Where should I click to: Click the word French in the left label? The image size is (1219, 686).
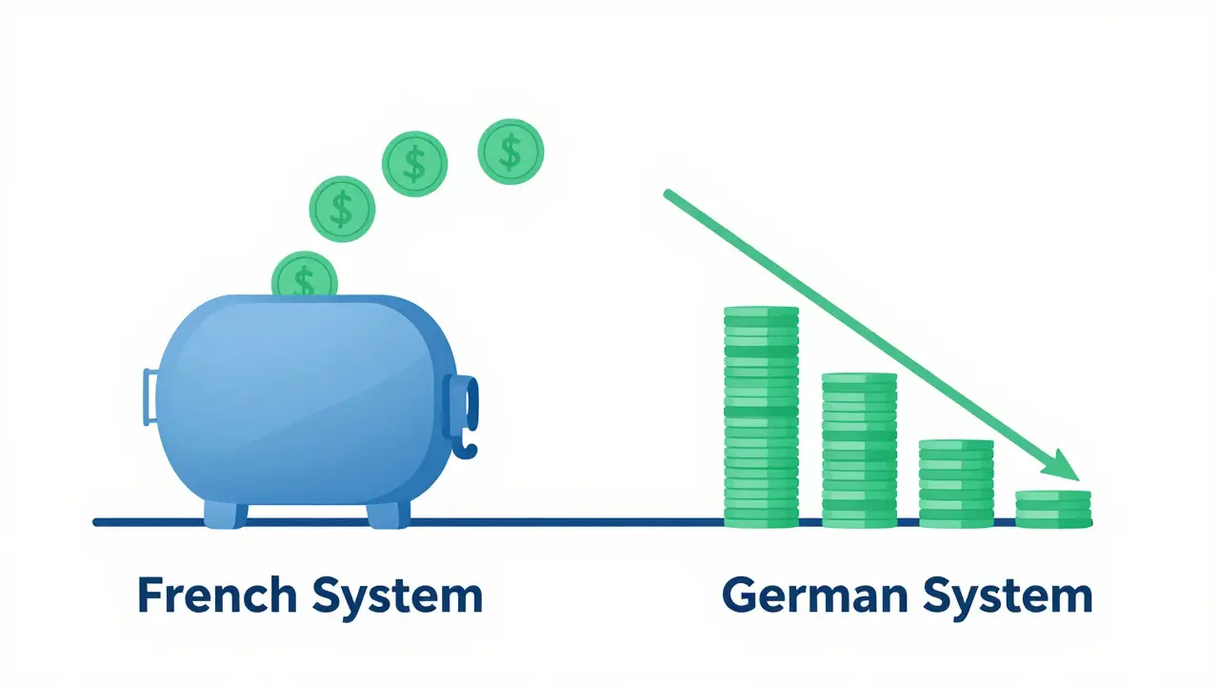pyautogui.click(x=217, y=595)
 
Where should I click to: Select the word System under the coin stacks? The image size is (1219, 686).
pyautogui.click(x=1008, y=598)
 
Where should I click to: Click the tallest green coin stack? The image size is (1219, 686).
pyautogui.click(x=761, y=417)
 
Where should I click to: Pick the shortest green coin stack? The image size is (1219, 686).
pyautogui.click(x=1053, y=509)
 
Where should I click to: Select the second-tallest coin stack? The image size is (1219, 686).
pyautogui.click(x=859, y=451)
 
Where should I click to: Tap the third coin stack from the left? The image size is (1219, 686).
pyautogui.click(x=956, y=483)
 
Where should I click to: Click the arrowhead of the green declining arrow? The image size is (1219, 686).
pyautogui.click(x=1063, y=466)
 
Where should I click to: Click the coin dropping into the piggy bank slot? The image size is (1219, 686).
pyautogui.click(x=305, y=273)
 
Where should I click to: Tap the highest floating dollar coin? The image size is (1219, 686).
pyautogui.click(x=510, y=151)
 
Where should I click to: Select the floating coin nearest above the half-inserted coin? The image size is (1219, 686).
pyautogui.click(x=342, y=209)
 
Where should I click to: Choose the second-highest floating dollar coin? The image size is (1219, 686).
pyautogui.click(x=414, y=163)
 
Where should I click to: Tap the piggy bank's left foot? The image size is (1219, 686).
pyautogui.click(x=226, y=514)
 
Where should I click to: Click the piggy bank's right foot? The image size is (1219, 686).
pyautogui.click(x=389, y=514)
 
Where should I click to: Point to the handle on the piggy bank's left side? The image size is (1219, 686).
pyautogui.click(x=150, y=397)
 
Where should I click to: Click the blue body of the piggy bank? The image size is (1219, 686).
pyautogui.click(x=305, y=400)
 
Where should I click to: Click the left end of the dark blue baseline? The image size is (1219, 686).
pyautogui.click(x=96, y=523)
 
